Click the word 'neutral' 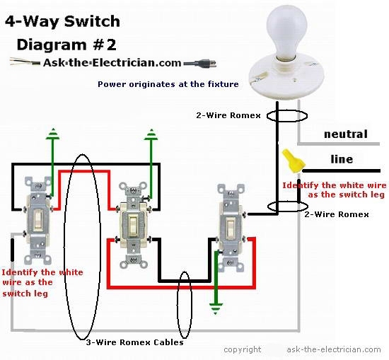[x=345, y=134]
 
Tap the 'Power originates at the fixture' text [x=168, y=84]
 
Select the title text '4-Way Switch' [x=63, y=22]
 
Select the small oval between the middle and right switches [x=185, y=308]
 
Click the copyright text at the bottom [x=242, y=349]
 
